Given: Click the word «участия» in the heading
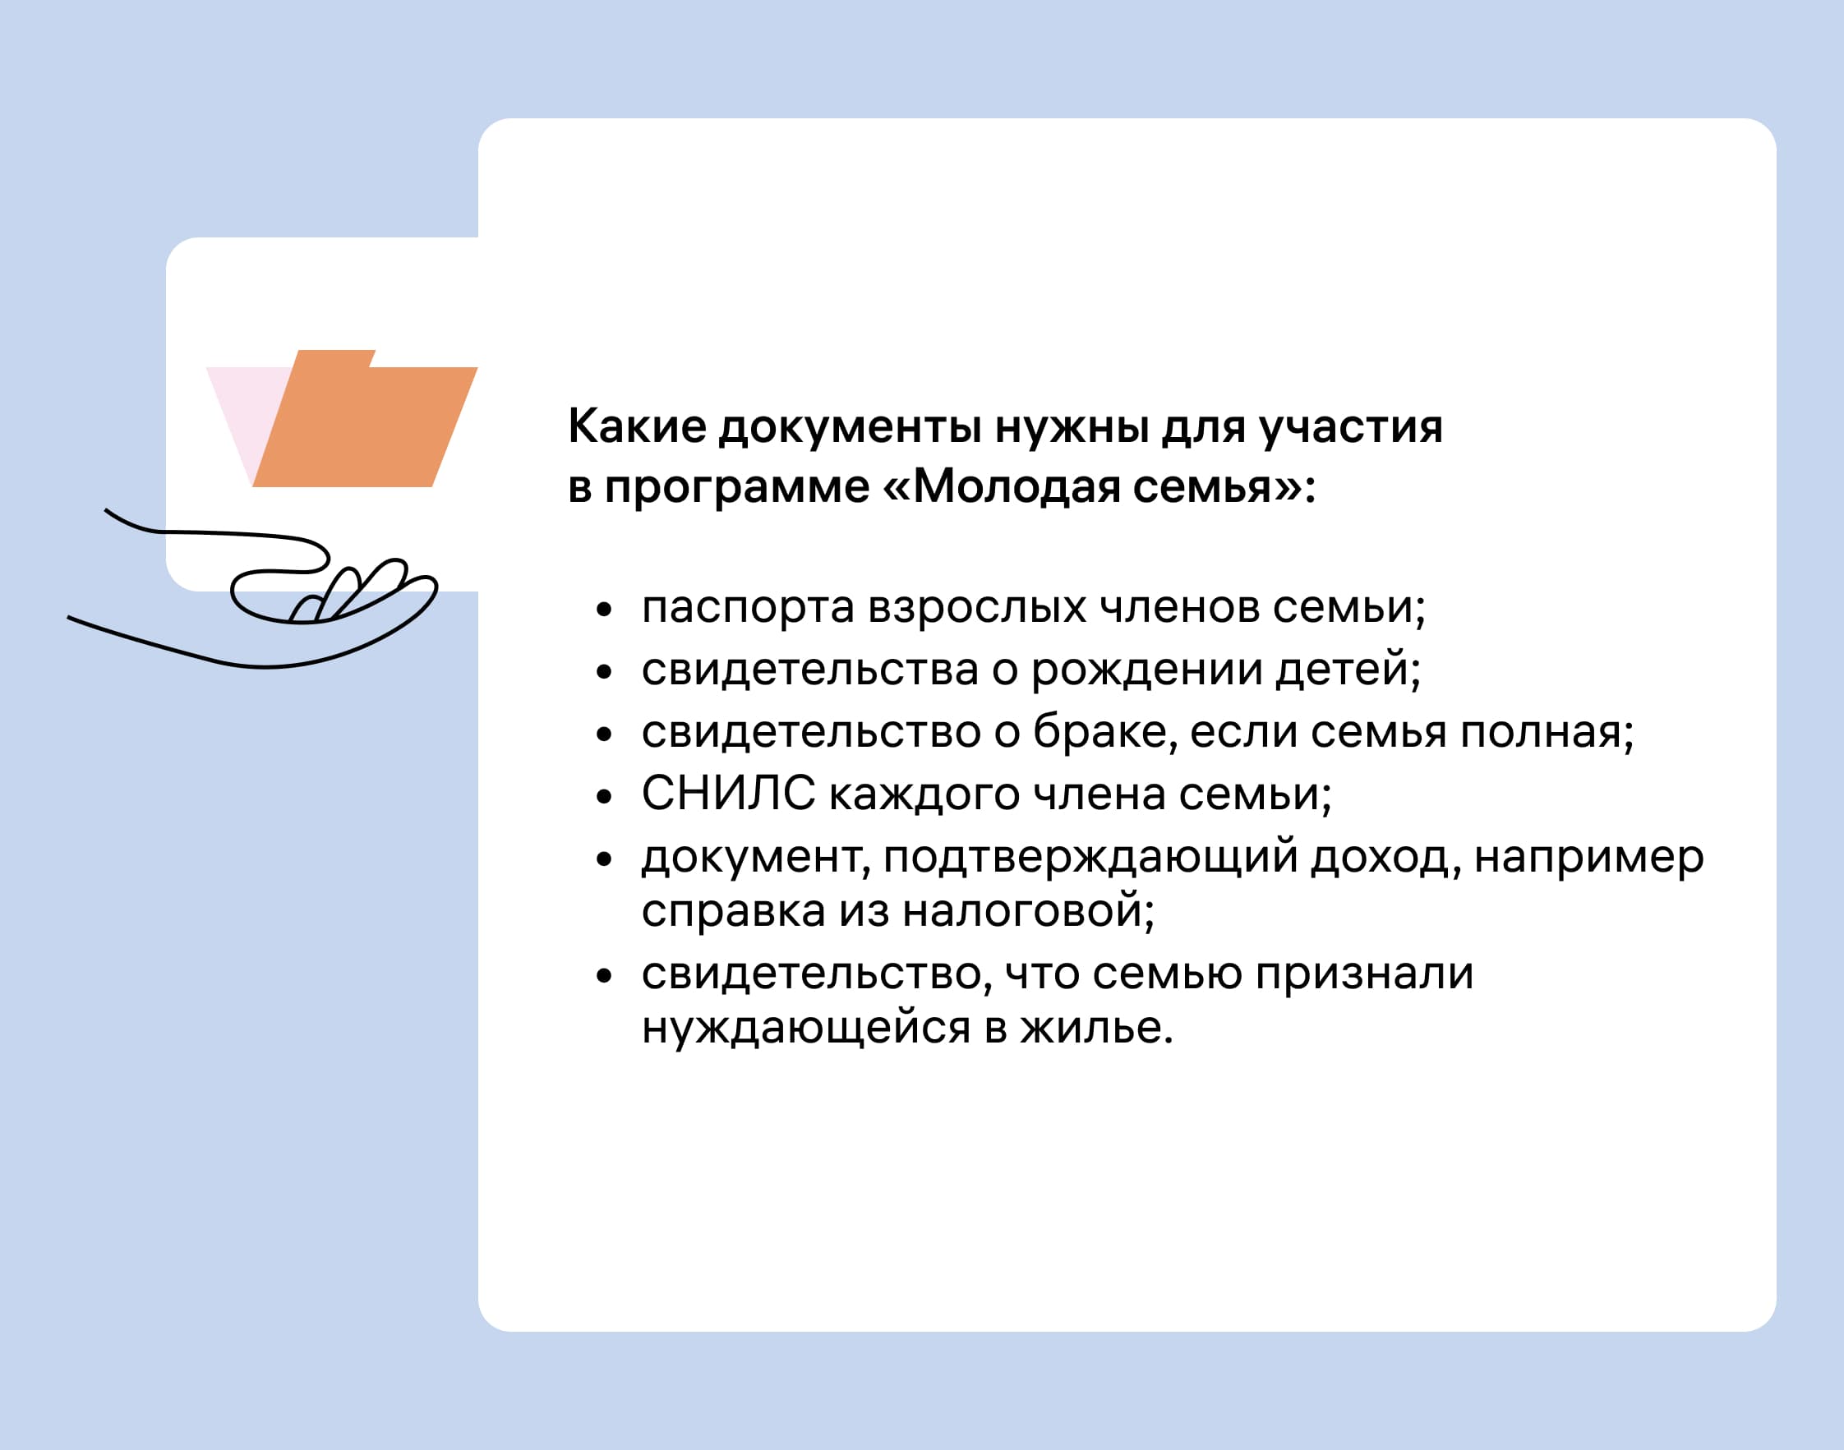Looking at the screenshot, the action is coord(1351,427).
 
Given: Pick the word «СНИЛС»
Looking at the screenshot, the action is coord(728,794).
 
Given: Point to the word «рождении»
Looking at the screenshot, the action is coord(1147,670).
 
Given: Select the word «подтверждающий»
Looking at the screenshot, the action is coord(1091,858).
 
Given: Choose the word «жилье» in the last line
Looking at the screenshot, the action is coord(1096,1027).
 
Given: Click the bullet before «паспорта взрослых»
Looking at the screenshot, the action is coord(605,610).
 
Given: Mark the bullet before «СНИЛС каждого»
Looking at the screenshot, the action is coord(605,796).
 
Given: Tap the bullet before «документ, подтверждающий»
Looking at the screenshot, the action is coord(605,859).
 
